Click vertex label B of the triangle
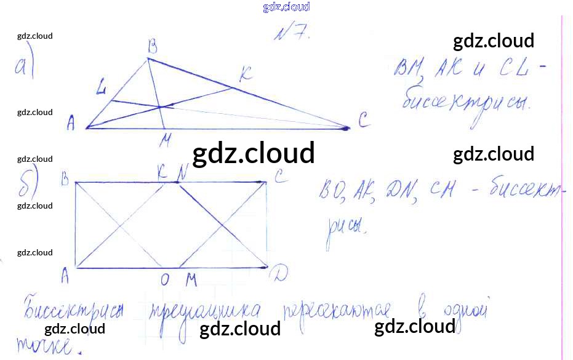click(151, 46)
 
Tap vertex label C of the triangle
click(363, 122)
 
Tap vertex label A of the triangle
click(71, 125)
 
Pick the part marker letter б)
click(28, 183)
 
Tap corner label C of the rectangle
click(279, 177)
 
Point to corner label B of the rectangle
click(63, 179)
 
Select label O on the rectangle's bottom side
click(165, 281)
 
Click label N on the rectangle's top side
click(181, 174)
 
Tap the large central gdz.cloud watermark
click(253, 154)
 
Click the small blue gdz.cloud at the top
click(286, 7)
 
